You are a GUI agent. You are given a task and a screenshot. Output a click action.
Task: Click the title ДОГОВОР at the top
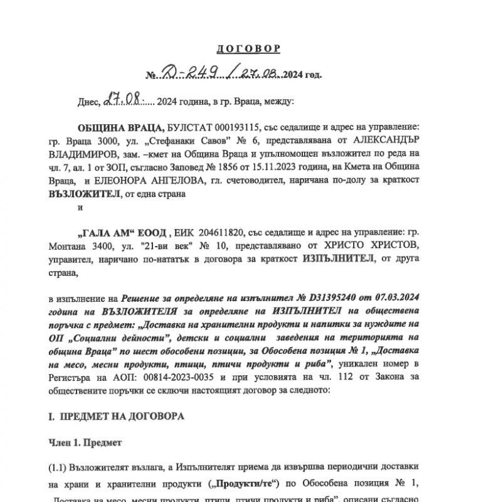click(248, 48)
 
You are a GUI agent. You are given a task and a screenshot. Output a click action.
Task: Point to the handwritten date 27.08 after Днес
click(122, 99)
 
